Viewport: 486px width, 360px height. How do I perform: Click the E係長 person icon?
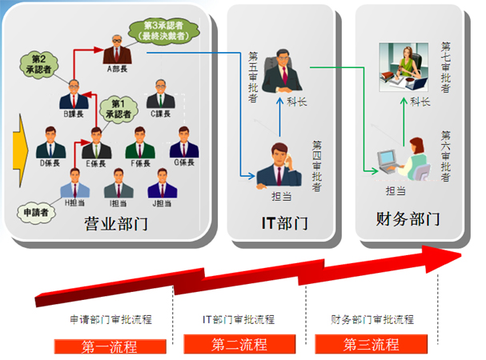[96, 141]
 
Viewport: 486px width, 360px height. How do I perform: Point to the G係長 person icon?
[184, 141]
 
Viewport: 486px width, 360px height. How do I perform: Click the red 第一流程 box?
[110, 346]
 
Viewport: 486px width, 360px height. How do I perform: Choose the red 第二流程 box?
[239, 345]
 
